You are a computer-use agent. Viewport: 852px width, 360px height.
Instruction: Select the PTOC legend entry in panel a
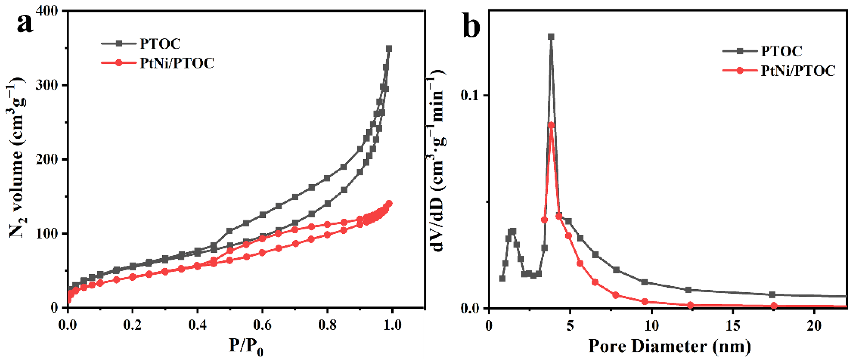[160, 44]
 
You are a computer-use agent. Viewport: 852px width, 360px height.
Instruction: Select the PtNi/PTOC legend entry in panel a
[177, 63]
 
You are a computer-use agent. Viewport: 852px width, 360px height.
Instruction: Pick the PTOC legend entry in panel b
[782, 51]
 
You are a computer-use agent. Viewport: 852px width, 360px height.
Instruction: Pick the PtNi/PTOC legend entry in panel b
[798, 71]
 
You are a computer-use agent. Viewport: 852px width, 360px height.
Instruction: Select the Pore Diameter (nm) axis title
[670, 346]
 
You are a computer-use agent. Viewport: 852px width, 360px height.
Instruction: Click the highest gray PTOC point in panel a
[389, 49]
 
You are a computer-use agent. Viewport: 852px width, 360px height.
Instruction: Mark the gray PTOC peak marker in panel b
[551, 36]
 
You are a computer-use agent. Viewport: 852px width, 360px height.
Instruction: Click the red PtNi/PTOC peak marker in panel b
[551, 125]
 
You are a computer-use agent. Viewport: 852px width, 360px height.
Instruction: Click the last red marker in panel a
[389, 203]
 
